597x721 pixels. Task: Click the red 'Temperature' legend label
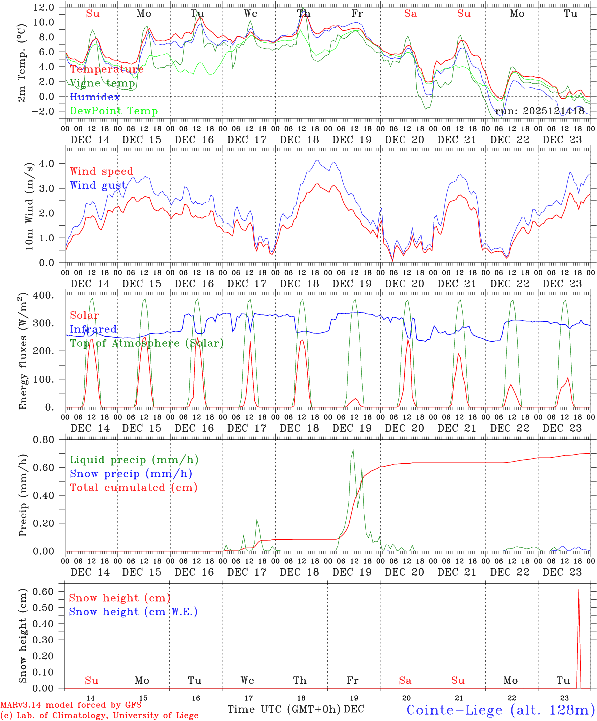107,69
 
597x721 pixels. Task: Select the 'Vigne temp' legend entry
102,83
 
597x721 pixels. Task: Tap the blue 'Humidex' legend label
95,97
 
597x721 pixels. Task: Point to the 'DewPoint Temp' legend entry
114,111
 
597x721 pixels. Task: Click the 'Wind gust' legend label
98,185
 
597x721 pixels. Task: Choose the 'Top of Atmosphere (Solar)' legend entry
147,343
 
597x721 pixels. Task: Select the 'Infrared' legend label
93,329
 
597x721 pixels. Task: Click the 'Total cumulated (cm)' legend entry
134,488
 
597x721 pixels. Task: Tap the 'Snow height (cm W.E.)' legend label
133,612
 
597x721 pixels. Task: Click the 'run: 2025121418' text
539,111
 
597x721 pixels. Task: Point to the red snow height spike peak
579,590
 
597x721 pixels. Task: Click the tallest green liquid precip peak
353,450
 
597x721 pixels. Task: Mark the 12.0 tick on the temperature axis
44,7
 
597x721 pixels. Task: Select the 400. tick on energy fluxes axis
44,296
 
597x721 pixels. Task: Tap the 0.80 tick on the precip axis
44,440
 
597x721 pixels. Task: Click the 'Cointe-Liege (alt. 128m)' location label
500,710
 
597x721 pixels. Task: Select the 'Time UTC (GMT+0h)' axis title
284,709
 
